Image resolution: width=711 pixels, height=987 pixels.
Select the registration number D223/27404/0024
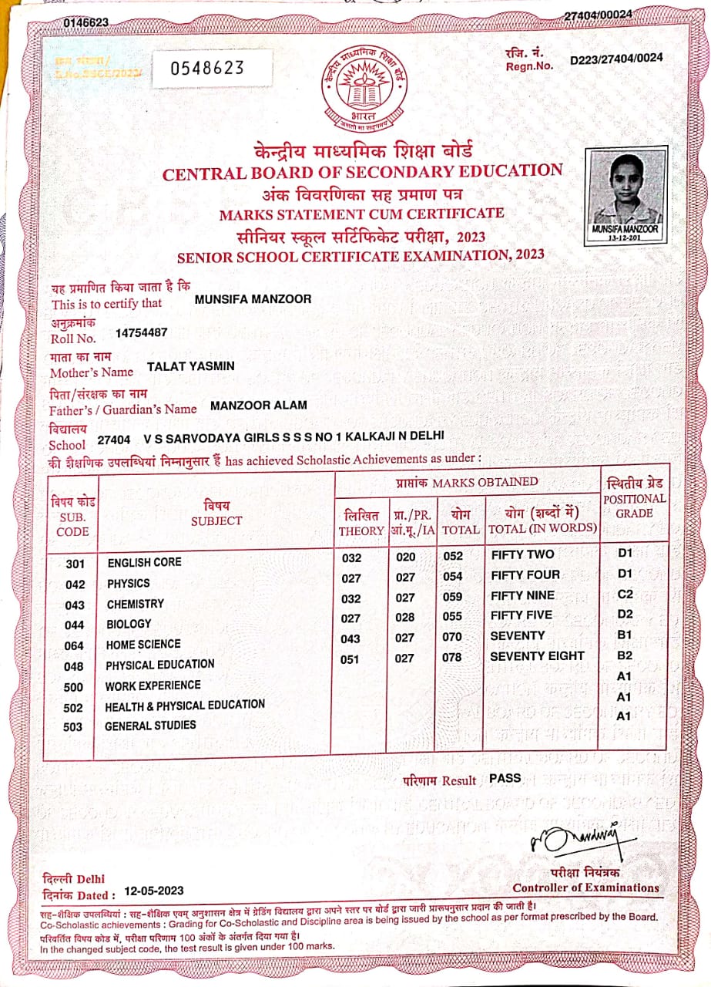[x=616, y=59]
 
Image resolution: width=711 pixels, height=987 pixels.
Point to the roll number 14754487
[x=141, y=333]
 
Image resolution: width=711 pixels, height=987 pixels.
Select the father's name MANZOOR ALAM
[x=259, y=405]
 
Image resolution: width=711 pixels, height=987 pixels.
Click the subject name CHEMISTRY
[x=136, y=604]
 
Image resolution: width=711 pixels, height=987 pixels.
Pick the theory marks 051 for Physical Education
[x=349, y=659]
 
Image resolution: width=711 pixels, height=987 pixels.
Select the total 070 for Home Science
[x=452, y=638]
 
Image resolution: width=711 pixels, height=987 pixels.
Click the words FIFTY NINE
[x=522, y=595]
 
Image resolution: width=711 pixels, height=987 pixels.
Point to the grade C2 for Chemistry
[x=625, y=595]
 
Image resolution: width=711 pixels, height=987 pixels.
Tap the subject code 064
[x=75, y=645]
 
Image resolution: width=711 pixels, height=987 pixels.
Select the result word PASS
[x=505, y=778]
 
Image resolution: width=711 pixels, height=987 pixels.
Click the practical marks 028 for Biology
[x=404, y=618]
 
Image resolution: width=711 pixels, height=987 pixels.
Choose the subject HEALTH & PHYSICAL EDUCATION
[x=185, y=705]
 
